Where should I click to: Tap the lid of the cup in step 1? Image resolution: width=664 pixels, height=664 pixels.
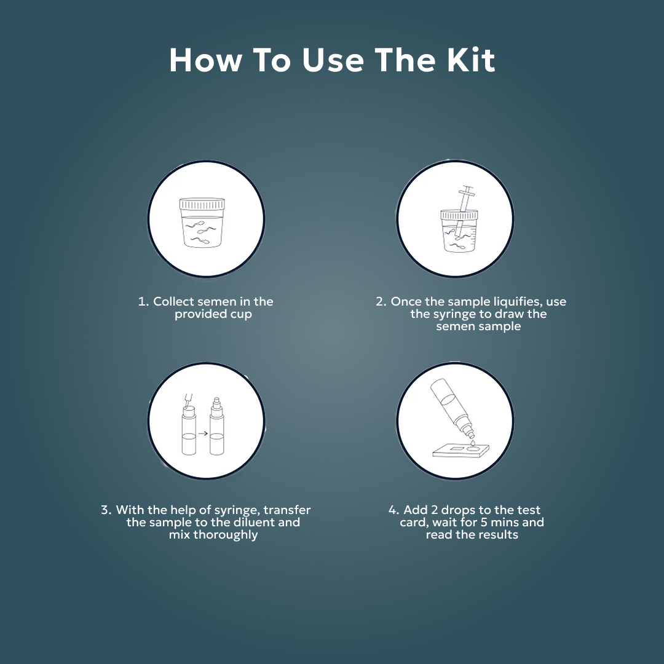(x=202, y=204)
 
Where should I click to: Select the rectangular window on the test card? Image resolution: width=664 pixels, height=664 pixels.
(x=456, y=451)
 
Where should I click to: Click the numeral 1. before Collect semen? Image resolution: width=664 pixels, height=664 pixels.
(x=144, y=302)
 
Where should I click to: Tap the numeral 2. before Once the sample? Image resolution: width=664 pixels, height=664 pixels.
(x=381, y=302)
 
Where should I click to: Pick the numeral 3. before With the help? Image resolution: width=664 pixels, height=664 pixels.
(x=106, y=510)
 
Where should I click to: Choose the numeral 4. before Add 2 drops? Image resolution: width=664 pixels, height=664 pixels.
(x=393, y=510)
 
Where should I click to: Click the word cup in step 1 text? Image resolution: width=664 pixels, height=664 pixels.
(x=240, y=314)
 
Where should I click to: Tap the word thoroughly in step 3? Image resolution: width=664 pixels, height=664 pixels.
(x=226, y=535)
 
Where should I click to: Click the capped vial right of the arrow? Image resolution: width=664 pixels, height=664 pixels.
(x=217, y=428)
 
